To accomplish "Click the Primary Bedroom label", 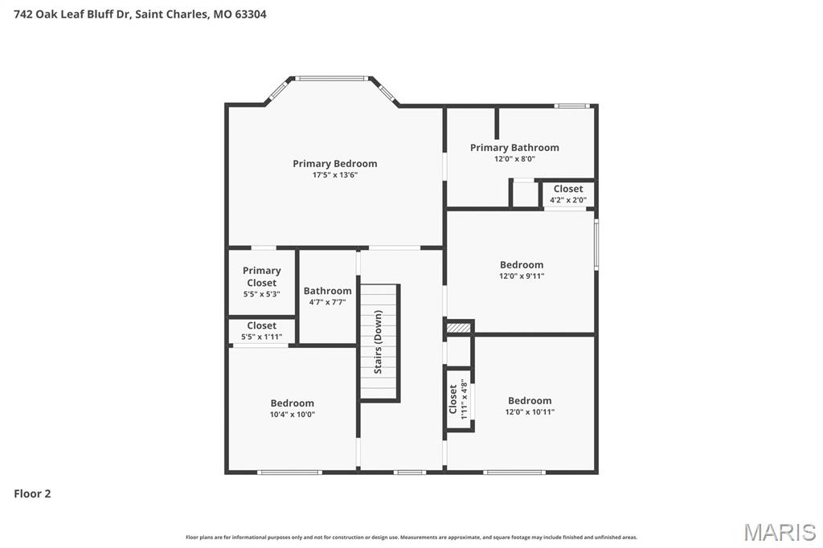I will pyautogui.click(x=334, y=164).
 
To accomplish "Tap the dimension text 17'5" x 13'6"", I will pyautogui.click(x=334, y=175).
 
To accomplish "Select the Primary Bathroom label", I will pyautogui.click(x=514, y=148).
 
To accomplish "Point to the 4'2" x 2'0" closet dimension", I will pyautogui.click(x=568, y=200).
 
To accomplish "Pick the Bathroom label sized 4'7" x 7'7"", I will pyautogui.click(x=327, y=291).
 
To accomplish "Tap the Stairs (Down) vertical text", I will pyautogui.click(x=378, y=341).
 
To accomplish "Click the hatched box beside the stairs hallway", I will pyautogui.click(x=458, y=328).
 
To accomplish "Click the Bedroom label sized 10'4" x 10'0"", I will pyautogui.click(x=292, y=403).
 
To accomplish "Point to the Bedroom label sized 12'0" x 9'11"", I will pyautogui.click(x=522, y=265).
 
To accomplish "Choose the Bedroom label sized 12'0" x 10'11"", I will pyautogui.click(x=530, y=401).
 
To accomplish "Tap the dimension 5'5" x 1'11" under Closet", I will pyautogui.click(x=262, y=337).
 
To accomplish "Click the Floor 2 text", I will pyautogui.click(x=32, y=494).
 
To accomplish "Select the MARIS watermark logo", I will pyautogui.click(x=780, y=531).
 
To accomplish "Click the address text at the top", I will pyautogui.click(x=140, y=14).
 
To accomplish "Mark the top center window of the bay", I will pyautogui.click(x=331, y=78).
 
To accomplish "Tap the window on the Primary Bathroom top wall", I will pyautogui.click(x=573, y=105).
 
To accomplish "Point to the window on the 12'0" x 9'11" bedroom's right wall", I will pyautogui.click(x=596, y=243).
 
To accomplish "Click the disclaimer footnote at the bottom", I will pyautogui.click(x=411, y=537).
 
